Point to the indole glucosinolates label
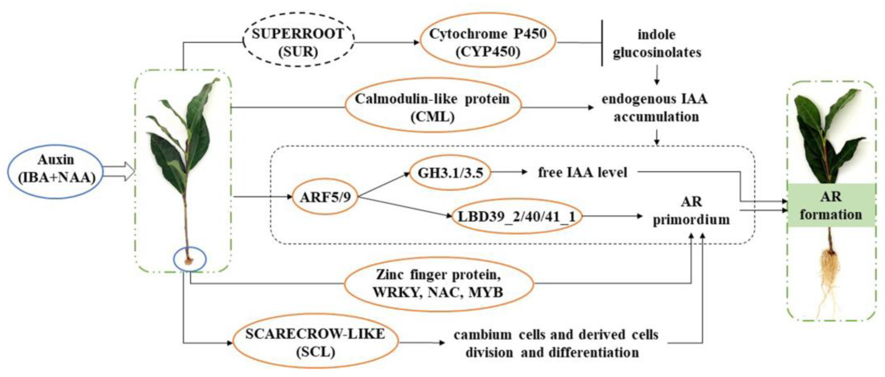pyautogui.click(x=657, y=44)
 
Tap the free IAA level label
pyautogui.click(x=583, y=172)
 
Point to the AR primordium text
pyautogui.click(x=691, y=210)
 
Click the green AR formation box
pyautogui.click(x=831, y=205)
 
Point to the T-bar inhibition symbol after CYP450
pyautogui.click(x=602, y=43)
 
